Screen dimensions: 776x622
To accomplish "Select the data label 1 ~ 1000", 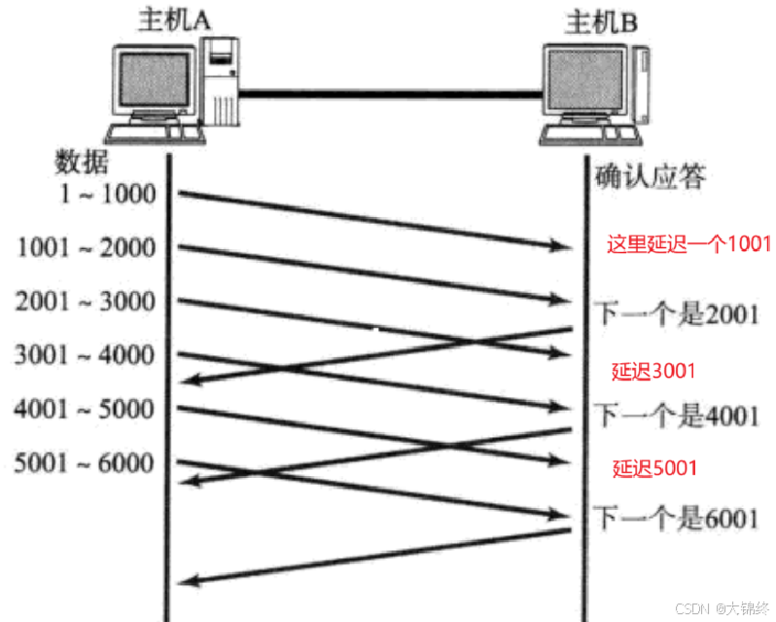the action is point(107,195).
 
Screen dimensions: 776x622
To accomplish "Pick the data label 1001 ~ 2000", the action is point(87,248).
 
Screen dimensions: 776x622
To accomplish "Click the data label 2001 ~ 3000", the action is point(86,302).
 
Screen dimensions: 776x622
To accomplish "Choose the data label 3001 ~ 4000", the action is point(86,355).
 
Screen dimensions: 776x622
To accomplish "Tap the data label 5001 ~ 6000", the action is point(86,462).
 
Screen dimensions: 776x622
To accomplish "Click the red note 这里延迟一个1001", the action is point(688,243).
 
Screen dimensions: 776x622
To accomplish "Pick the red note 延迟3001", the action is point(654,371).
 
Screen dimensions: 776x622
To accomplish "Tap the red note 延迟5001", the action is point(654,468).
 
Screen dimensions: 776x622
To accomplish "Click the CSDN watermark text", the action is point(719,606).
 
